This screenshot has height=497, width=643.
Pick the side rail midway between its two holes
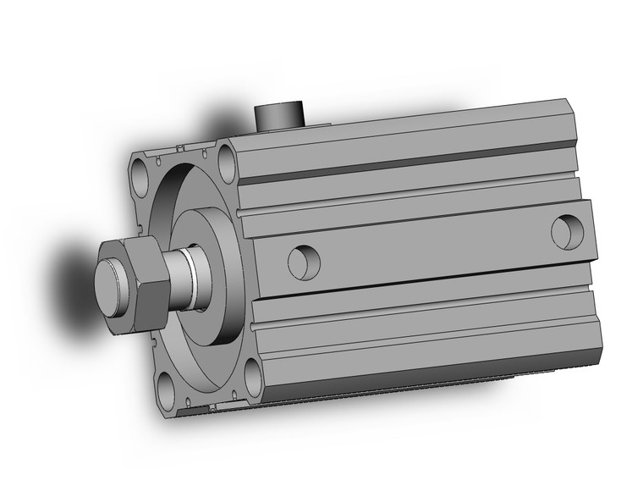(x=431, y=246)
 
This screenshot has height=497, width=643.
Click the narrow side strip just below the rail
(x=423, y=296)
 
